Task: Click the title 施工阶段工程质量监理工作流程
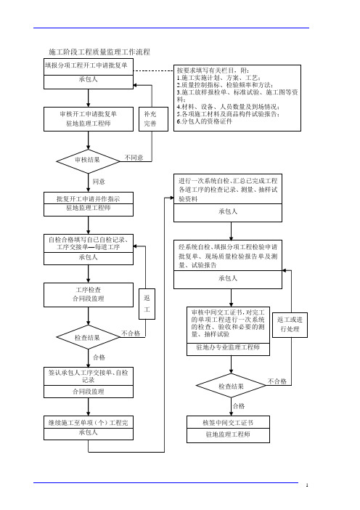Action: coord(99,52)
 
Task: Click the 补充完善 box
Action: coord(153,119)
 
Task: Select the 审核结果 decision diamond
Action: coord(88,161)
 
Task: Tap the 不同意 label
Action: coord(134,158)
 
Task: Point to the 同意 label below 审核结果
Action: coord(99,182)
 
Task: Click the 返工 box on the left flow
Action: coord(147,304)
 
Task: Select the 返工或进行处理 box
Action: coord(290,325)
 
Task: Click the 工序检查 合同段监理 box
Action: coord(89,295)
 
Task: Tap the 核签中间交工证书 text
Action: coord(228,423)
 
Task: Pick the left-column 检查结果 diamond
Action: coord(88,337)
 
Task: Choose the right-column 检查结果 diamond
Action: coord(231,386)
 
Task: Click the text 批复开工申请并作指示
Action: coord(89,199)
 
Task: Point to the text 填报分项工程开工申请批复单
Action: coord(86,65)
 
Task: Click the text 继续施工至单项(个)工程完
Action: coord(89,423)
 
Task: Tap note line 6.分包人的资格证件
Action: coord(205,121)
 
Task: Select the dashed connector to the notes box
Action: coord(153,70)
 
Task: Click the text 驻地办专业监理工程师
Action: coord(228,347)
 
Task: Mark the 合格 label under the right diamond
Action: coord(239,406)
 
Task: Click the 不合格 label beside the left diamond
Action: coord(131,333)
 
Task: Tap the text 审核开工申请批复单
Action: coord(89,114)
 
